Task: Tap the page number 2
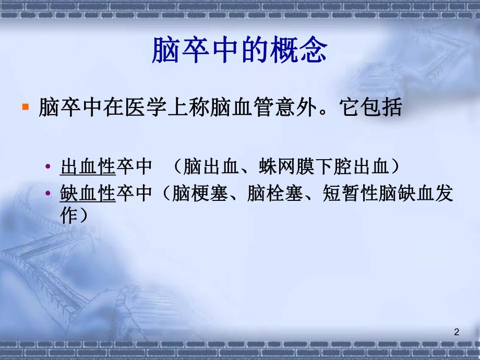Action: pyautogui.click(x=457, y=331)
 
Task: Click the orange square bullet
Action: pyautogui.click(x=25, y=107)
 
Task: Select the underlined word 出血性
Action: pyautogui.click(x=88, y=167)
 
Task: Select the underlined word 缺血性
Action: pyautogui.click(x=88, y=195)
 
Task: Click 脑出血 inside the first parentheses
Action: pyautogui.click(x=203, y=167)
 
